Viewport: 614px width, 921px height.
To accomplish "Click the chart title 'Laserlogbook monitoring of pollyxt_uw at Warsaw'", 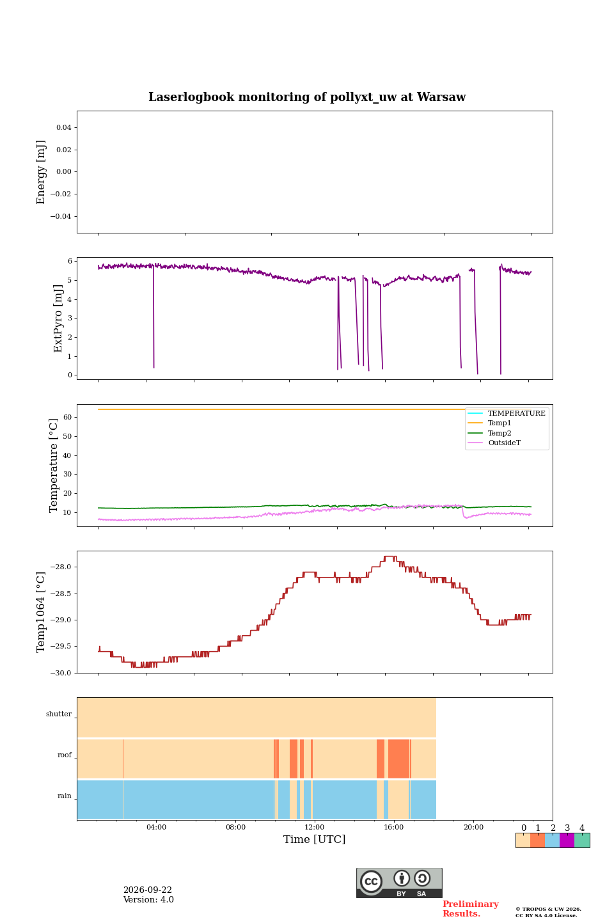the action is [x=307, y=97].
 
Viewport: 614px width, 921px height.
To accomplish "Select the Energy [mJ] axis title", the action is [x=40, y=172].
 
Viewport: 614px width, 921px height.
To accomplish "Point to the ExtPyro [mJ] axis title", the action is [x=58, y=319].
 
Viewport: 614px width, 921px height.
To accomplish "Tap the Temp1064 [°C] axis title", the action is [x=40, y=612].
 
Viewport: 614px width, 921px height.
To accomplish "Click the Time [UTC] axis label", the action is [x=314, y=838].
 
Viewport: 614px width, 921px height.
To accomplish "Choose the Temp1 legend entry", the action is [x=500, y=423].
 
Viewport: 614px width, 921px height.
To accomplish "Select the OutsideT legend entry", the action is [x=504, y=443].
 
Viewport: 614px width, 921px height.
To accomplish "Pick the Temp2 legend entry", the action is [x=500, y=433].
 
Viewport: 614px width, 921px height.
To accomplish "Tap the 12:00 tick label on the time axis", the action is [x=314, y=827].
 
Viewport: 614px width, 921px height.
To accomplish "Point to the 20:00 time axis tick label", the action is [x=473, y=827].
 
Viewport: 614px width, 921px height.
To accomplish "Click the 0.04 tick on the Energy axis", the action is [x=64, y=127].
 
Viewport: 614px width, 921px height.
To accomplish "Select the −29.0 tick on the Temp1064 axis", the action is [x=61, y=620].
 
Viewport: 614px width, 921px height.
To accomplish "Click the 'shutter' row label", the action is [x=59, y=714].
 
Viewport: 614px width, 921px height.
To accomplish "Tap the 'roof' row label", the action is [x=65, y=755].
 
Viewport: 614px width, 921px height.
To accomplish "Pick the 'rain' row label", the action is [x=65, y=796].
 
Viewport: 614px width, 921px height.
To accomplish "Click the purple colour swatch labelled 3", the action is [x=567, y=840].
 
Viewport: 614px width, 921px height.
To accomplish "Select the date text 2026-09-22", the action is [x=148, y=890].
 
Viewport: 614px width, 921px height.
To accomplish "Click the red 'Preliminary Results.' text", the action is [x=471, y=909].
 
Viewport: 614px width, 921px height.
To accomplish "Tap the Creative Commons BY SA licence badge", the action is [x=399, y=883].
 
